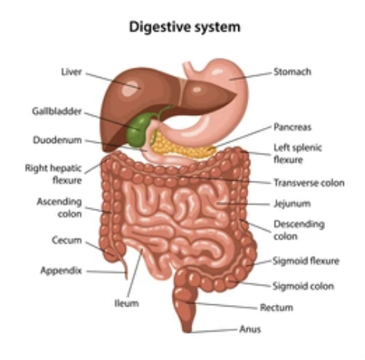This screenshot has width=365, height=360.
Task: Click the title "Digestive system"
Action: (185, 26)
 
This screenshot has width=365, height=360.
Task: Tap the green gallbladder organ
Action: (137, 130)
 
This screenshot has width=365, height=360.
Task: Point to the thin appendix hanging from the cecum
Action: (124, 265)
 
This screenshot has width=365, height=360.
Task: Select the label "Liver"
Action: (72, 72)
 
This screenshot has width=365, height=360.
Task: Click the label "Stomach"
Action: (293, 72)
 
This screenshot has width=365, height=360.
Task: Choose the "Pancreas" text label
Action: (293, 127)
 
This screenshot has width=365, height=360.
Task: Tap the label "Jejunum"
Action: (292, 203)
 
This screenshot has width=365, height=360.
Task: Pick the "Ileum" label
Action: (127, 304)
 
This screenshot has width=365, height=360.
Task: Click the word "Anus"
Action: (250, 329)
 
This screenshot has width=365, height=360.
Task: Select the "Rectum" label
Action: (277, 307)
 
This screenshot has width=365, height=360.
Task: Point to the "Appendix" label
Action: (61, 270)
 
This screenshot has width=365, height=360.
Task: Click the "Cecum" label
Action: (67, 240)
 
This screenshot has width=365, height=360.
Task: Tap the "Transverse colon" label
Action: (309, 183)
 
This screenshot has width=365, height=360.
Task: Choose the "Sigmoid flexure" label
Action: (306, 261)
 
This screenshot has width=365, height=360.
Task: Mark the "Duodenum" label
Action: (57, 140)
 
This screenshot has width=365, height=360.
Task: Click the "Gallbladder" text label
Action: (57, 111)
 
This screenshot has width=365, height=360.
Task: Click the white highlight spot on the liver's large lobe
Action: (130, 88)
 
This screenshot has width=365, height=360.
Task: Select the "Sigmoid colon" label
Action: (303, 286)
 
